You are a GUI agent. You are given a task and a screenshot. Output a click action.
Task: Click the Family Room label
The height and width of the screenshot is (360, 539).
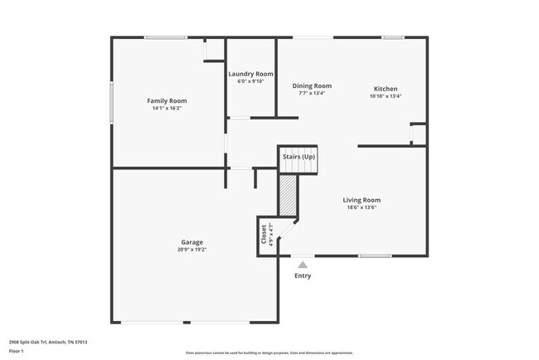(x=167, y=100)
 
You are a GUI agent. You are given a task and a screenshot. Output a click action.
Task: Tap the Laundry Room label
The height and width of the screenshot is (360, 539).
(x=250, y=74)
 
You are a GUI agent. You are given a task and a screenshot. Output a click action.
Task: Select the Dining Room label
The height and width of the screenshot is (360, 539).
(x=312, y=85)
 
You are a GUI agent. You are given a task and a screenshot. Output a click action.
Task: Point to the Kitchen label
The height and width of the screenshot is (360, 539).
(x=386, y=89)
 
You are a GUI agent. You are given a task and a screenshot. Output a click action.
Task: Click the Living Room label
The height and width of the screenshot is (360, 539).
(x=362, y=200)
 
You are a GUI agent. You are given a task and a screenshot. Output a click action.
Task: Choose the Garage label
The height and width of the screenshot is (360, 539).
(x=192, y=242)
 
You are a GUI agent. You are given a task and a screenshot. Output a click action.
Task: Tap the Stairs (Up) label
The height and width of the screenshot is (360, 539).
(x=299, y=157)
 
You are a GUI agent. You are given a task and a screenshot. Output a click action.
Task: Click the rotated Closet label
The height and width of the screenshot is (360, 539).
(x=265, y=234)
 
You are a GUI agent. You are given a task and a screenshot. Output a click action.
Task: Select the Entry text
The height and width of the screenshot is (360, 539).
(x=303, y=275)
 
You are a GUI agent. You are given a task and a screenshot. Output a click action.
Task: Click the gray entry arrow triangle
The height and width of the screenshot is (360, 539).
(x=303, y=265)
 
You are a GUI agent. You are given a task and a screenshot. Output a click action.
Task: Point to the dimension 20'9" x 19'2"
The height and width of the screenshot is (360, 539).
(x=192, y=250)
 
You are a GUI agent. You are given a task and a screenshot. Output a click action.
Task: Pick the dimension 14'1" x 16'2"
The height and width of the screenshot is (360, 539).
(x=167, y=109)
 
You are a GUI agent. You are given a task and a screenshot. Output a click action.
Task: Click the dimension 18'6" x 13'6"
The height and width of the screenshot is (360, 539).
(x=362, y=207)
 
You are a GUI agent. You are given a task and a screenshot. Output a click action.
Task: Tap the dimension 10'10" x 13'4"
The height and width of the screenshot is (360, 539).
(x=386, y=96)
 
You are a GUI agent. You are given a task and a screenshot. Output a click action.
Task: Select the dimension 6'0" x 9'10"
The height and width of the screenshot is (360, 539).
(x=250, y=81)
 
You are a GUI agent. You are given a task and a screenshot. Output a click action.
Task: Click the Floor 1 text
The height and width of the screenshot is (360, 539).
(x=17, y=351)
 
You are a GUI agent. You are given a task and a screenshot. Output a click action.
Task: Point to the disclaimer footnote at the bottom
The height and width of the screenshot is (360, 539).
(x=269, y=352)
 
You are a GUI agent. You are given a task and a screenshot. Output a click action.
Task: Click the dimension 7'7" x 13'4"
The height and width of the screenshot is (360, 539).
(x=312, y=93)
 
